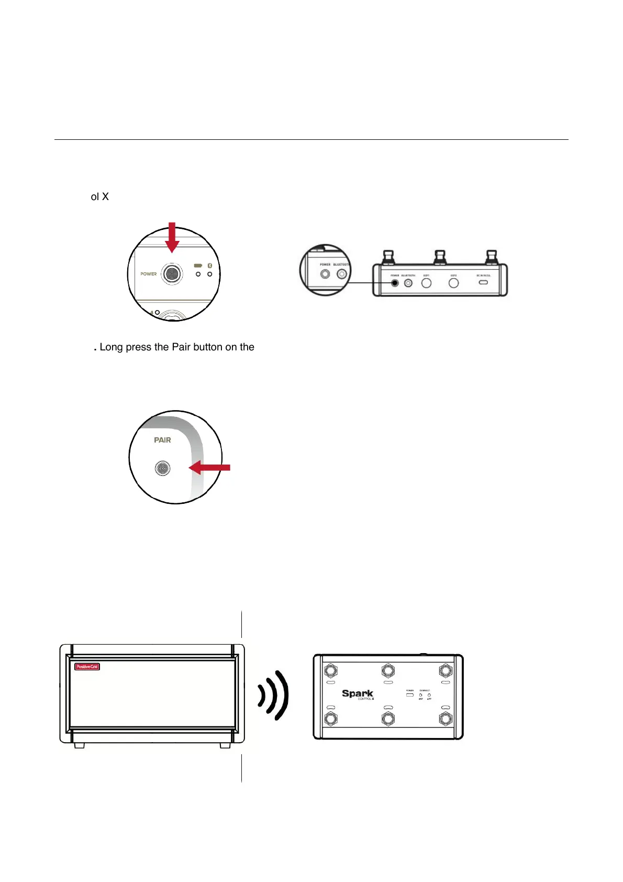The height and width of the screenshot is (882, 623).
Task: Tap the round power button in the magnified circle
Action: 172,273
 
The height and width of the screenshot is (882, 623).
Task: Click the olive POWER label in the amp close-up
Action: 149,274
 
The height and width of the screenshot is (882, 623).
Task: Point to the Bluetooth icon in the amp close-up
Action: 210,266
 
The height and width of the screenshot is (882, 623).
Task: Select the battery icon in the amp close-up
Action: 198,266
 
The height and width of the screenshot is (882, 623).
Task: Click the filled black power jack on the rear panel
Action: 395,283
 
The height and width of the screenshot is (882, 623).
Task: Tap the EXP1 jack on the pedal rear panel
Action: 427,283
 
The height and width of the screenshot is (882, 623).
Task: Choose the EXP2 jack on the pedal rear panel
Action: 454,283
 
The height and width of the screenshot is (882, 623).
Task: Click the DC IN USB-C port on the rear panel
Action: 483,282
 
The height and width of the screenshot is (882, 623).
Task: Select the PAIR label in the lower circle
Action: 162,440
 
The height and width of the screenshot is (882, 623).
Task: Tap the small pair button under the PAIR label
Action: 163,468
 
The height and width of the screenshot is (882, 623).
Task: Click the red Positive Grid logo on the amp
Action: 87,667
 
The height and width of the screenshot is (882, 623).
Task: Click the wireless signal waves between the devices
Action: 274,695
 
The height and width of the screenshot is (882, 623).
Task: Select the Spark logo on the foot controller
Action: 358,693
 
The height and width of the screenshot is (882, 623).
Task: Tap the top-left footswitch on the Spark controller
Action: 331,671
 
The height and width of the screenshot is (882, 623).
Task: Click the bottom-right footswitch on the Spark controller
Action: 446,718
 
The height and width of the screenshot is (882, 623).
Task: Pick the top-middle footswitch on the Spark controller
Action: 388,671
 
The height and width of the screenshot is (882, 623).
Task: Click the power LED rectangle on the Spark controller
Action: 410,695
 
